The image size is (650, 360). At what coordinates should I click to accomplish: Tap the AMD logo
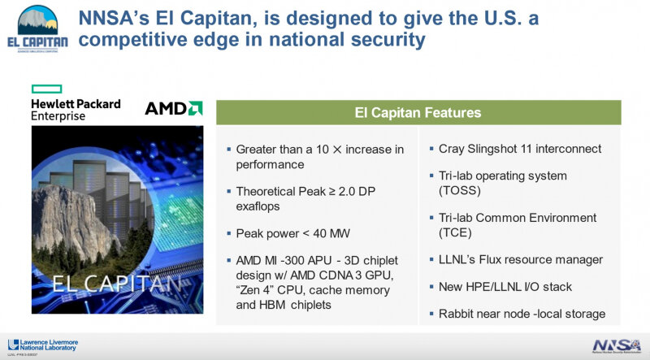[173, 108]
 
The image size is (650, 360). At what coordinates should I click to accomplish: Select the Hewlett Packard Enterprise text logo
[76, 110]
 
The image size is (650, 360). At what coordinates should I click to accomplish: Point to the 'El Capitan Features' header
[418, 112]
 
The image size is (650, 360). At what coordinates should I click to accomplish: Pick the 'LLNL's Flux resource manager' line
[520, 259]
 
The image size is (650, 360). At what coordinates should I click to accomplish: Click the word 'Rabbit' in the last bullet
[457, 313]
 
